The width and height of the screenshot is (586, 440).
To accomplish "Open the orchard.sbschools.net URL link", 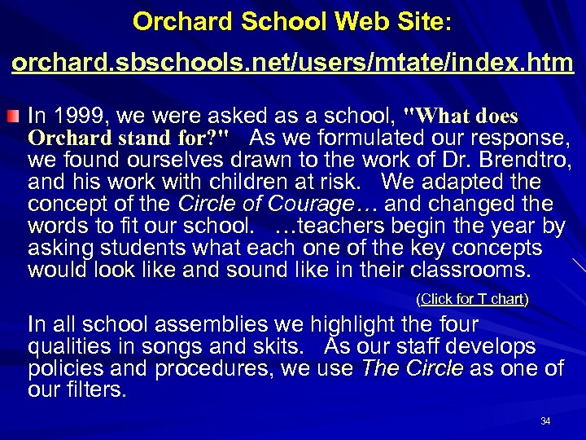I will [x=292, y=62].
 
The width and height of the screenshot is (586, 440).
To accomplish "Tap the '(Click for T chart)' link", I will [x=472, y=299].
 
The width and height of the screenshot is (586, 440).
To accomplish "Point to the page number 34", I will [x=545, y=421].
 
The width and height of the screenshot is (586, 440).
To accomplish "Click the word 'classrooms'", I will [x=465, y=269].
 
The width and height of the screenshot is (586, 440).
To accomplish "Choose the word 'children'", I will [x=236, y=181].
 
